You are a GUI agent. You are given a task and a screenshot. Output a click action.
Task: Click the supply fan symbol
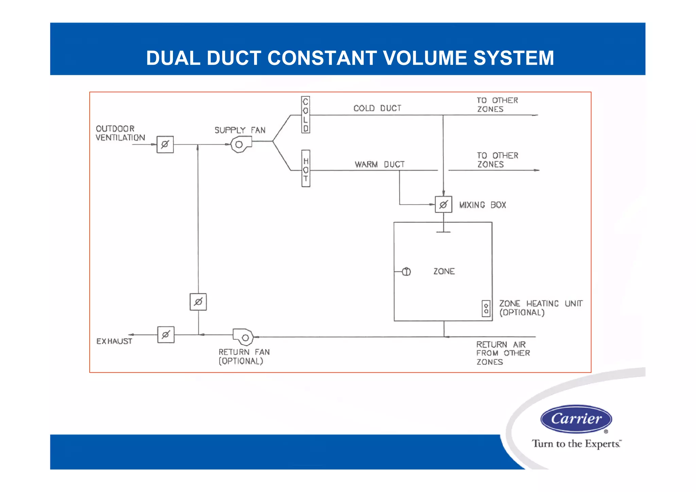click(241, 144)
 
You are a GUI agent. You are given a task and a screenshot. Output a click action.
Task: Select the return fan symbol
click(243, 337)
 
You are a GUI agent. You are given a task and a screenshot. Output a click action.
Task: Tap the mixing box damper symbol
click(443, 205)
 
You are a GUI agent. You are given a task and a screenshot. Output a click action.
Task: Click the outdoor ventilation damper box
click(165, 145)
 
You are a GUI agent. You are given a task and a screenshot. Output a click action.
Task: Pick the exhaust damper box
click(166, 335)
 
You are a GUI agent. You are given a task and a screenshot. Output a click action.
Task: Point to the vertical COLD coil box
click(306, 115)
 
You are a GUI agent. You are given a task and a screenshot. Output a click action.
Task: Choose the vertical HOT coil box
click(306, 169)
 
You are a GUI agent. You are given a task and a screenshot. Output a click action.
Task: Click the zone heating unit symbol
click(486, 309)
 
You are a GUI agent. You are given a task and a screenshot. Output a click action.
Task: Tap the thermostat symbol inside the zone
click(406, 272)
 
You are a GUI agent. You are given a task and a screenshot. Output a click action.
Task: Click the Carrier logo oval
click(576, 419)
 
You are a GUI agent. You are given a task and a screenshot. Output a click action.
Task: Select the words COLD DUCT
click(377, 108)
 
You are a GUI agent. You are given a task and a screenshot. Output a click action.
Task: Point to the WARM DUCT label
click(380, 165)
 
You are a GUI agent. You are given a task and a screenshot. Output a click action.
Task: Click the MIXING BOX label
click(483, 205)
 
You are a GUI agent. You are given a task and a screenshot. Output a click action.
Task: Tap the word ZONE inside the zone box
click(444, 271)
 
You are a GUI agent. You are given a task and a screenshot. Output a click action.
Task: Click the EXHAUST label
click(114, 341)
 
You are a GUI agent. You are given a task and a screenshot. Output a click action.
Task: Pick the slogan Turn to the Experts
click(576, 444)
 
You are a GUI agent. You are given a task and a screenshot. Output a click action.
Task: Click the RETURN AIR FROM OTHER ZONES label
click(503, 353)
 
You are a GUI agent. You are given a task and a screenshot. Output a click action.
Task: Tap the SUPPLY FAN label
click(240, 130)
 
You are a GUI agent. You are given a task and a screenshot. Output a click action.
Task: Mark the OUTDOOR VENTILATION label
click(120, 133)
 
